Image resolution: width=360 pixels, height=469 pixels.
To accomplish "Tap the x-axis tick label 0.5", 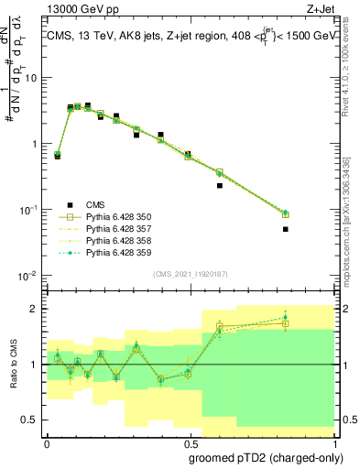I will [189, 441].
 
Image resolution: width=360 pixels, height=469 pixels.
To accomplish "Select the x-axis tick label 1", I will [333, 441].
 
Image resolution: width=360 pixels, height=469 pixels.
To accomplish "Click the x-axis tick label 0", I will [47, 441].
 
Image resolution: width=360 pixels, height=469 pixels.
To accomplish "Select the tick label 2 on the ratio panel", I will [34, 309].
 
